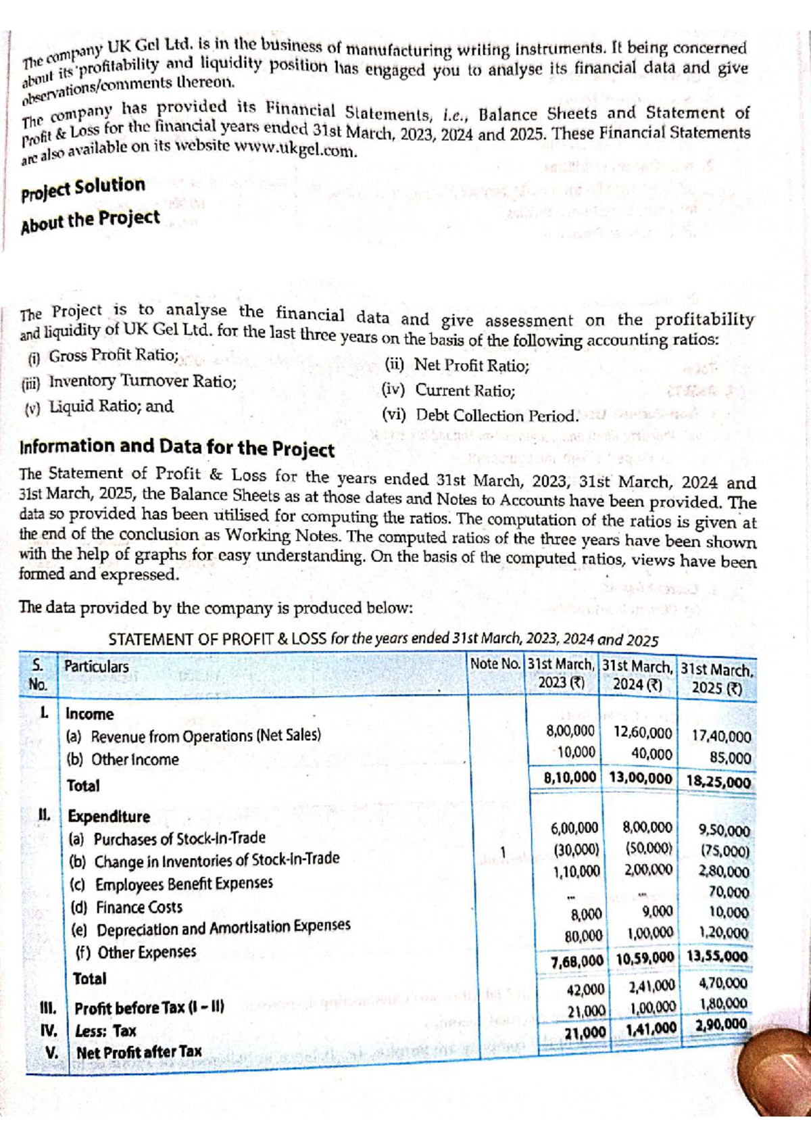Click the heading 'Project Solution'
83,188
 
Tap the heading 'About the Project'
90,220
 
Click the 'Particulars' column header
96,667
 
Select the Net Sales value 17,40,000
721,737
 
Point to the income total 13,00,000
640,778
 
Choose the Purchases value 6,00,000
574,828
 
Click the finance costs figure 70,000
729,892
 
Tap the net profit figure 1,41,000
650,1028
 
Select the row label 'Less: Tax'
105,1031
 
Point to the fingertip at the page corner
777,1075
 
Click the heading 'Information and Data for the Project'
177,448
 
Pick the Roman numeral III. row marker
49,1008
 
